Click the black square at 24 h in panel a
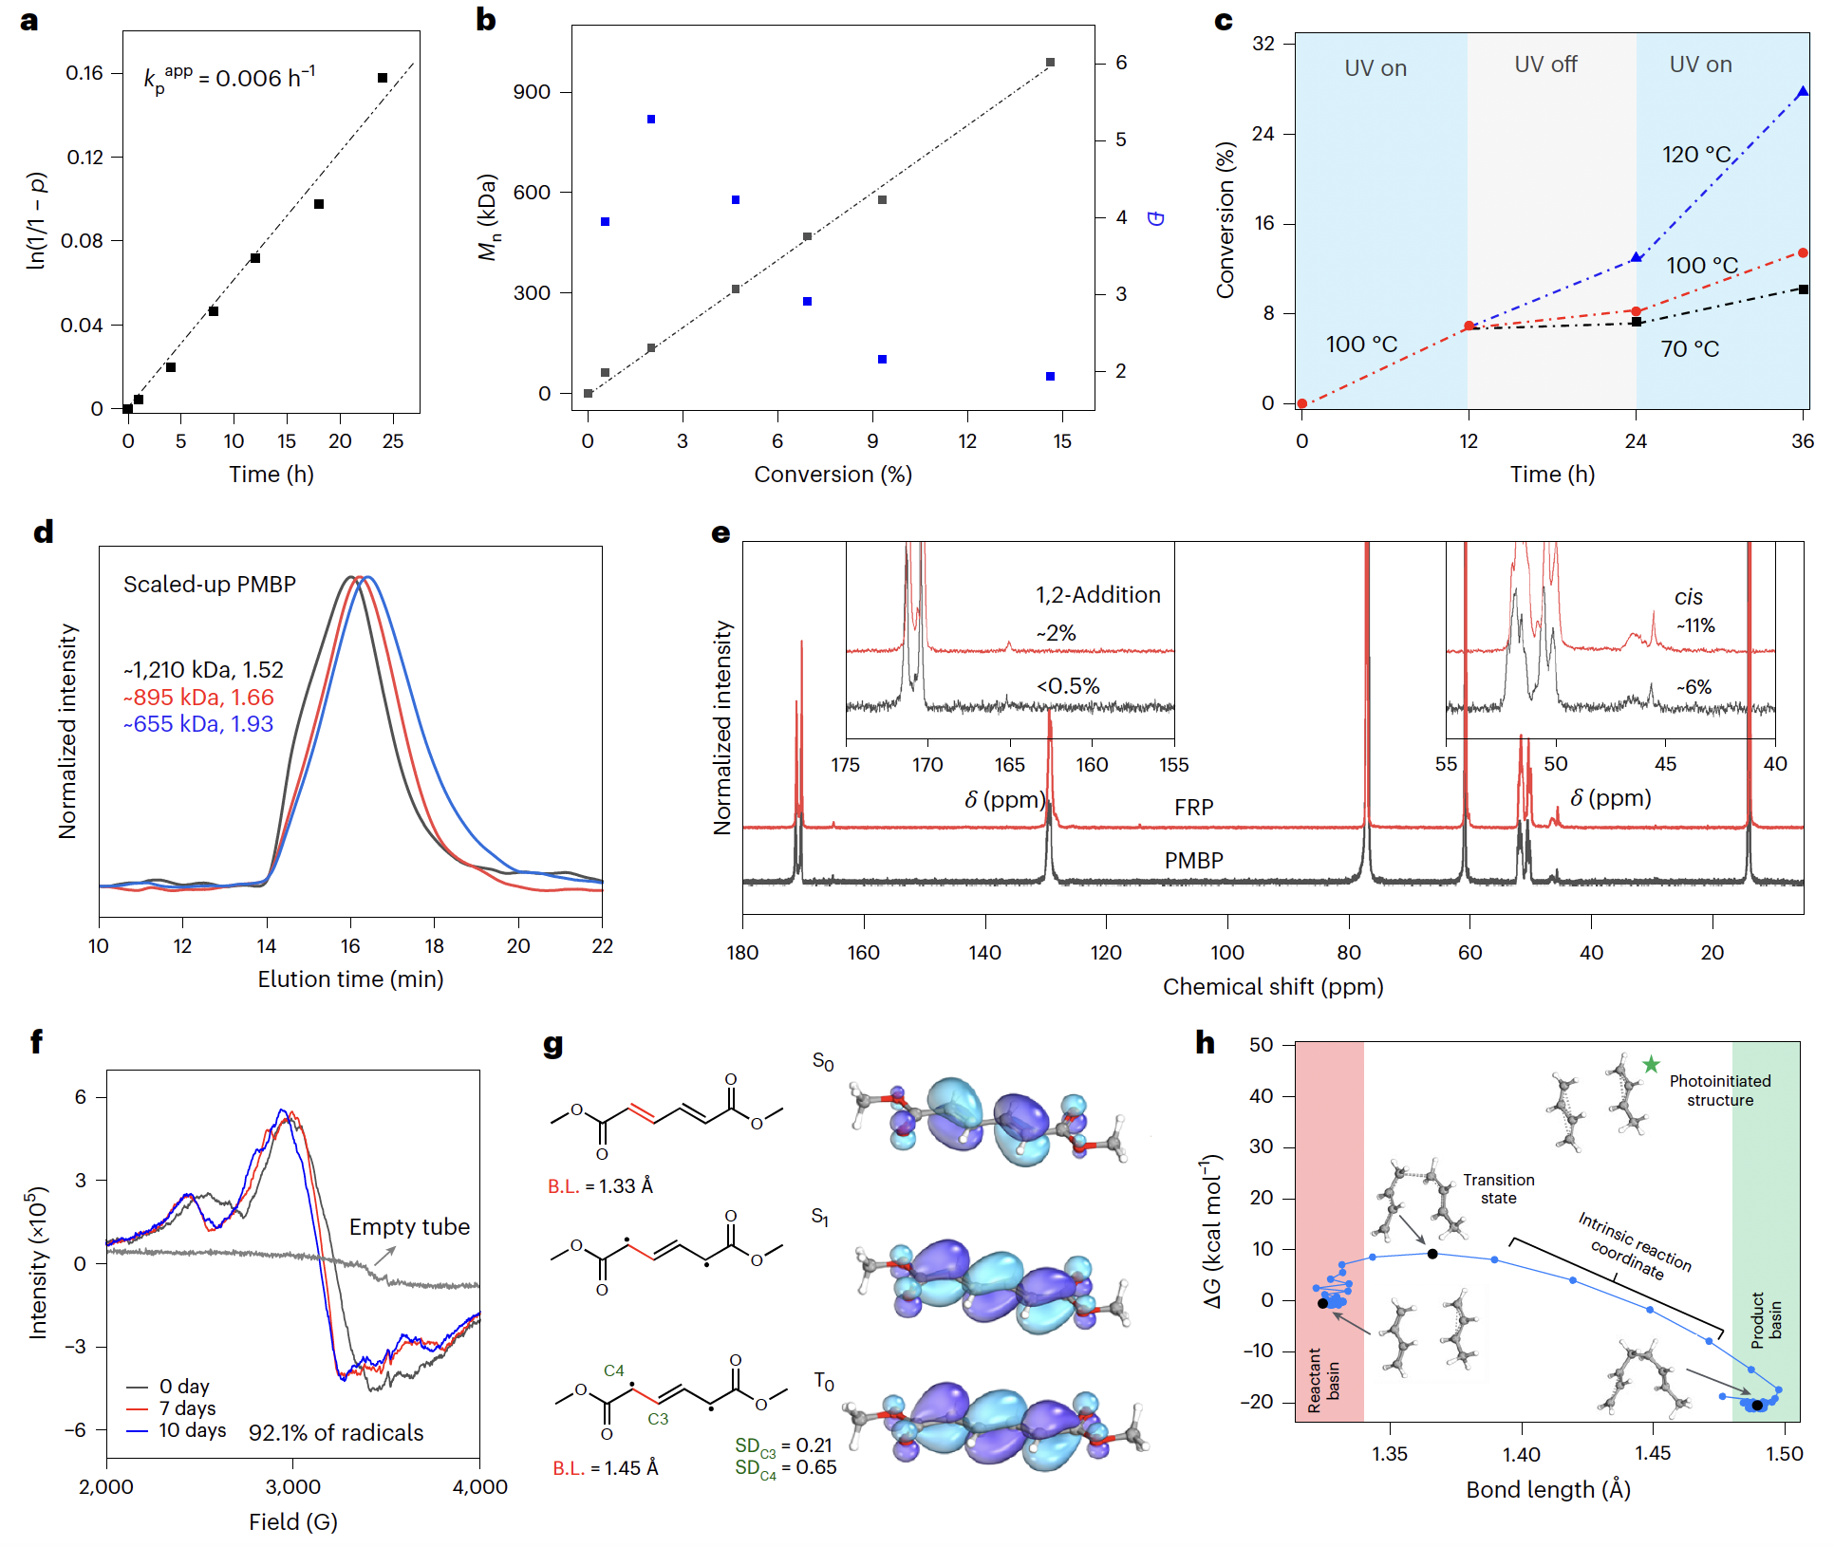[x=383, y=78]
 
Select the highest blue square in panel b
[x=651, y=120]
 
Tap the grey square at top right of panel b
[x=1050, y=63]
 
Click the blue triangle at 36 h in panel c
[x=1803, y=92]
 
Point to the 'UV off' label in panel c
[x=1545, y=65]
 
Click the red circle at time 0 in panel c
[x=1302, y=403]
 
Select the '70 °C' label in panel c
[x=1690, y=349]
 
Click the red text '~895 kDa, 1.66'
[x=198, y=698]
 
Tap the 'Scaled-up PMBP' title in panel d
[x=210, y=585]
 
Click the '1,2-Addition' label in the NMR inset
[x=1097, y=595]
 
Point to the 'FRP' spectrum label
[x=1193, y=808]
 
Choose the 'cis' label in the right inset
[x=1689, y=598]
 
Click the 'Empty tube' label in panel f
[x=409, y=1227]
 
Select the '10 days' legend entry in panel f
[x=192, y=1430]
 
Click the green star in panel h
[x=1652, y=1064]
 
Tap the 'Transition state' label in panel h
[x=1498, y=1188]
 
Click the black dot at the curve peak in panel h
[x=1432, y=1254]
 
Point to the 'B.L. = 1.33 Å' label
[x=600, y=1186]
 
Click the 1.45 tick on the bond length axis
[x=1653, y=1454]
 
